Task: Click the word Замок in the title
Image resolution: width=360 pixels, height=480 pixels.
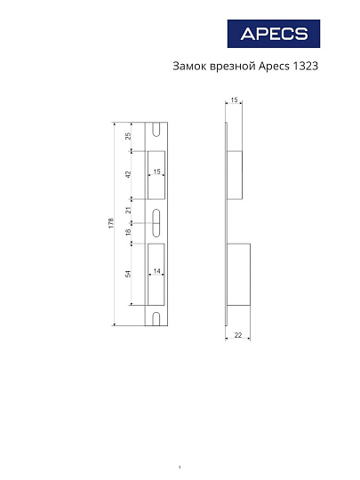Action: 188,67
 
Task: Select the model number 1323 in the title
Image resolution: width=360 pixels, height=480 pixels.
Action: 304,67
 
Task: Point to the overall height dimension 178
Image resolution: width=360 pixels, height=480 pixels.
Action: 109,223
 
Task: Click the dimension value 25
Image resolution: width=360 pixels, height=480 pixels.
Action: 128,136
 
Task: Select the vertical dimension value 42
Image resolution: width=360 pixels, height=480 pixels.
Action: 128,175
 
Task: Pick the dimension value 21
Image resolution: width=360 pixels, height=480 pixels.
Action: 128,211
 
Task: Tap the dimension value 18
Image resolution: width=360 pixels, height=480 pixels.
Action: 128,233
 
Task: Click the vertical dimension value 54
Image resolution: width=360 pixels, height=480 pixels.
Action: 128,274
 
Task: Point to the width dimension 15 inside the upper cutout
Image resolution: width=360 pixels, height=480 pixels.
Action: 156,171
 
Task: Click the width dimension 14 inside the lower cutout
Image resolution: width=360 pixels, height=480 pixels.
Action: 156,270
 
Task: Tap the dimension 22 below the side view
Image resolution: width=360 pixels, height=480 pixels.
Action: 238,335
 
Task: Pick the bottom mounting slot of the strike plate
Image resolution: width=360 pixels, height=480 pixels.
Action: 156,318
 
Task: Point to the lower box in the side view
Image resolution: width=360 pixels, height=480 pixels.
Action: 240,274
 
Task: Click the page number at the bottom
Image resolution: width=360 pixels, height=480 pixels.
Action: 180,466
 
